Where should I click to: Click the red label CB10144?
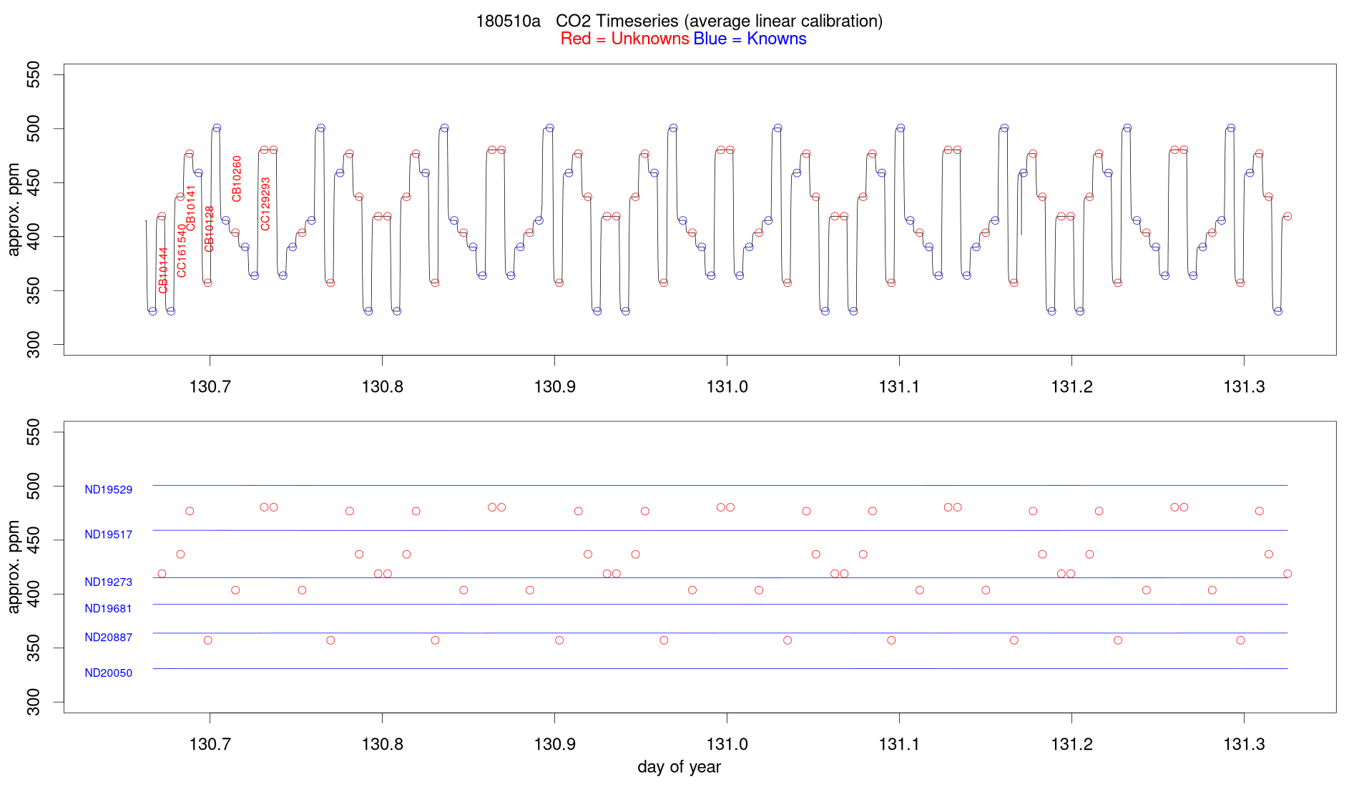pyautogui.click(x=163, y=270)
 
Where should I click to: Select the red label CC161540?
pyautogui.click(x=182, y=250)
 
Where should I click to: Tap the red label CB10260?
pyautogui.click(x=237, y=179)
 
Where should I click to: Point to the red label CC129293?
pyautogui.click(x=265, y=204)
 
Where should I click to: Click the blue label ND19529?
pyautogui.click(x=108, y=490)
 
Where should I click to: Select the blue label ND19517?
pyautogui.click(x=108, y=534)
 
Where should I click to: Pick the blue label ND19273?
pyautogui.click(x=108, y=582)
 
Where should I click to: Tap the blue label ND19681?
pyautogui.click(x=108, y=609)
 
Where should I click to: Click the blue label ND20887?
pyautogui.click(x=108, y=637)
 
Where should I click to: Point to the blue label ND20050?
pyautogui.click(x=108, y=673)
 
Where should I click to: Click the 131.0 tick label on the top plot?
pyautogui.click(x=727, y=387)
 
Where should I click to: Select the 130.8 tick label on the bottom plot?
pyautogui.click(x=382, y=745)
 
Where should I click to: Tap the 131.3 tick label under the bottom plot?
pyautogui.click(x=1244, y=745)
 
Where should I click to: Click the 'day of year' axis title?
pyautogui.click(x=679, y=768)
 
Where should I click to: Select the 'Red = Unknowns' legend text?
pyautogui.click(x=624, y=39)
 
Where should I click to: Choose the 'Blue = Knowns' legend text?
pyautogui.click(x=750, y=39)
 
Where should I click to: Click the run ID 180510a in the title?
pyautogui.click(x=508, y=21)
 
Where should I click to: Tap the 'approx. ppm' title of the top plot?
pyautogui.click(x=14, y=210)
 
